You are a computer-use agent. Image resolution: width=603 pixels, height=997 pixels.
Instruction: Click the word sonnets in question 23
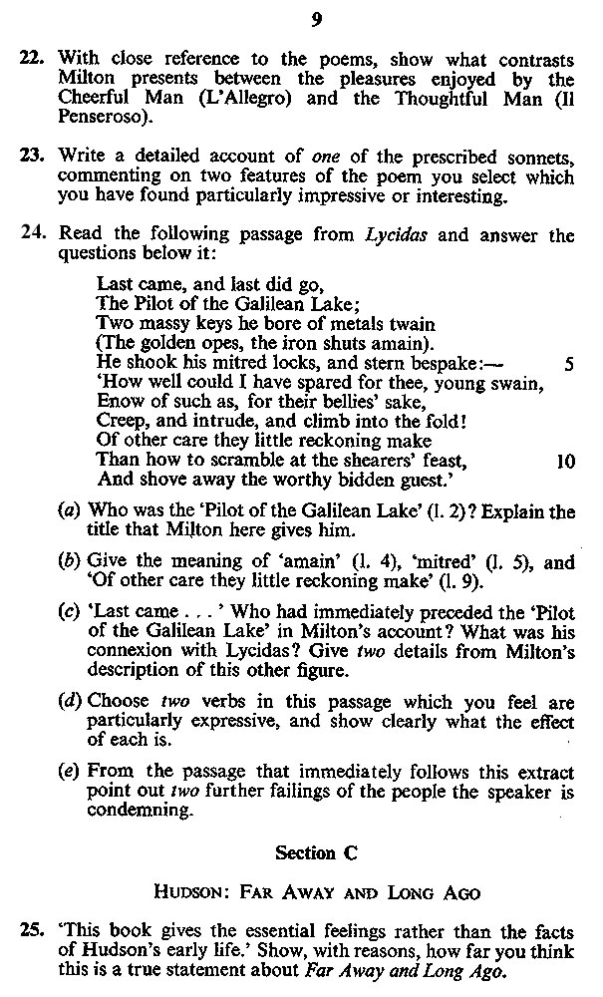537,156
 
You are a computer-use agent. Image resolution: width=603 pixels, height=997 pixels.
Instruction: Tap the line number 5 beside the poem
568,364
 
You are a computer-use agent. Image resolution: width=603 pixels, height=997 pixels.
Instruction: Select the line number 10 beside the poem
564,462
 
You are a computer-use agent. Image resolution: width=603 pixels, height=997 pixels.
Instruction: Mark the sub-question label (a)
71,512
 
